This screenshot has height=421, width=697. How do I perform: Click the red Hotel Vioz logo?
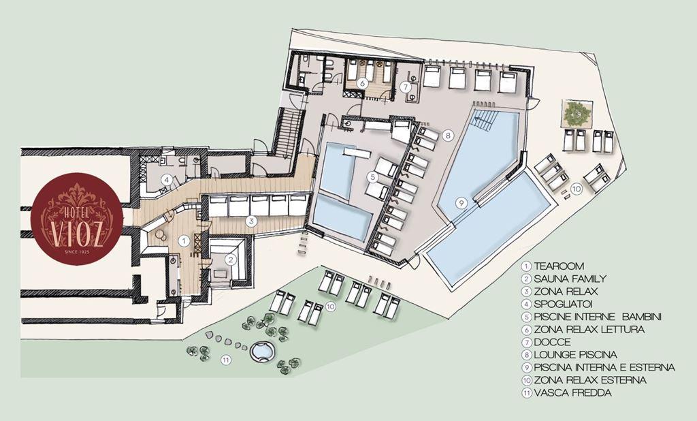click(x=77, y=219)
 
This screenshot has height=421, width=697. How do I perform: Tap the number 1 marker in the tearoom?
click(x=183, y=240)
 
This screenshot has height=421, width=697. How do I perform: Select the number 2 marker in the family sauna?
click(x=229, y=259)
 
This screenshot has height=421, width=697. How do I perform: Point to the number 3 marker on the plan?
click(x=251, y=220)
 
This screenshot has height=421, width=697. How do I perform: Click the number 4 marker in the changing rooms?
click(x=167, y=181)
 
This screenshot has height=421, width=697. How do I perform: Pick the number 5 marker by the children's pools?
click(x=372, y=177)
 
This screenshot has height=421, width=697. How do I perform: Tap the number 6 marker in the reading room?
click(x=362, y=82)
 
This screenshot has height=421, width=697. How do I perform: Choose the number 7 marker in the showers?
click(x=406, y=87)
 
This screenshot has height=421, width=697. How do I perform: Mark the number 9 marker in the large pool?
click(x=461, y=203)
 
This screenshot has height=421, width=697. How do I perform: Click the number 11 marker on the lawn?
click(x=226, y=360)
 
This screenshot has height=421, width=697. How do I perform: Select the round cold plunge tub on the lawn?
click(x=263, y=352)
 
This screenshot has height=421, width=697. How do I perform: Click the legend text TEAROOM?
click(x=559, y=266)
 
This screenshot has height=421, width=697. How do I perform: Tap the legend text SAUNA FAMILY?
click(x=570, y=279)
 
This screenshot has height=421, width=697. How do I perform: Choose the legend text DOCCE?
click(x=552, y=342)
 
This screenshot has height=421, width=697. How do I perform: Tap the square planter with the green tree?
click(x=577, y=113)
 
